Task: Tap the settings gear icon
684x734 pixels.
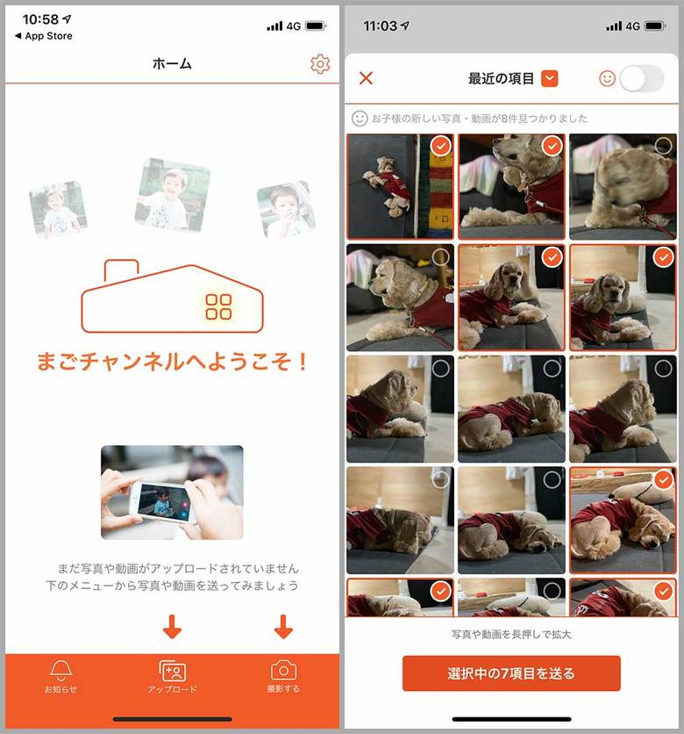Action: point(320,64)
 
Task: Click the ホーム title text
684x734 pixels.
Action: point(172,64)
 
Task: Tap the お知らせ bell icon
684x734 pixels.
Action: point(61,671)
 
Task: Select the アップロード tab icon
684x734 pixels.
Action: point(172,671)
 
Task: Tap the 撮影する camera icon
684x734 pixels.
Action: point(282,671)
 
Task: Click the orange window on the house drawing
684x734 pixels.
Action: point(218,306)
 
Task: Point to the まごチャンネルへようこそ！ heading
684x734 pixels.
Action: point(172,362)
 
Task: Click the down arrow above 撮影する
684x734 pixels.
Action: point(282,627)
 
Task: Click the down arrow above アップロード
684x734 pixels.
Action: point(172,627)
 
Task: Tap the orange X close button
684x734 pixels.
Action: point(367,78)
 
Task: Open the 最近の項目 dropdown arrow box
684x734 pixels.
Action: point(550,78)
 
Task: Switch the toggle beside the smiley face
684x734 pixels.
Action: point(642,78)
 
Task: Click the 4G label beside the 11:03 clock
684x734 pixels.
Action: point(632,26)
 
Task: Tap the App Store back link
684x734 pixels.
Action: point(44,36)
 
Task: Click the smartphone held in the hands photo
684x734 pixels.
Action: point(162,502)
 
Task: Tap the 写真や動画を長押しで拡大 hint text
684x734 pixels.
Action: point(511,634)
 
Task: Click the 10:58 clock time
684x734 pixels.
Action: point(40,19)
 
